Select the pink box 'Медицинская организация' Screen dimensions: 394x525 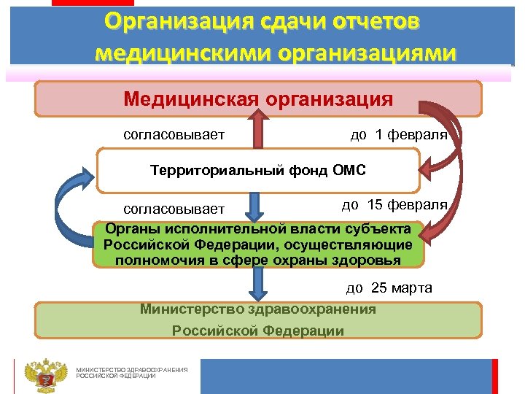(x=259, y=98)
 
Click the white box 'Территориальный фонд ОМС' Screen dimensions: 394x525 (x=258, y=171)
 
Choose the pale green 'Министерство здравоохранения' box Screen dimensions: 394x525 (x=258, y=320)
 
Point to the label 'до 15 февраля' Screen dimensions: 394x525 (x=394, y=206)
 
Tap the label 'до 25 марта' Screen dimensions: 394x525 (x=389, y=287)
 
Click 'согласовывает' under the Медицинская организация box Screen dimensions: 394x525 (x=174, y=135)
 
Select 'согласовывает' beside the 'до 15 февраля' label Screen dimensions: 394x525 (x=174, y=210)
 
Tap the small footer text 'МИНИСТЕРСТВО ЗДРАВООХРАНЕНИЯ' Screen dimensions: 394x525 (x=132, y=370)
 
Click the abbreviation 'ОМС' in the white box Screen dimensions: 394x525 (x=349, y=171)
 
